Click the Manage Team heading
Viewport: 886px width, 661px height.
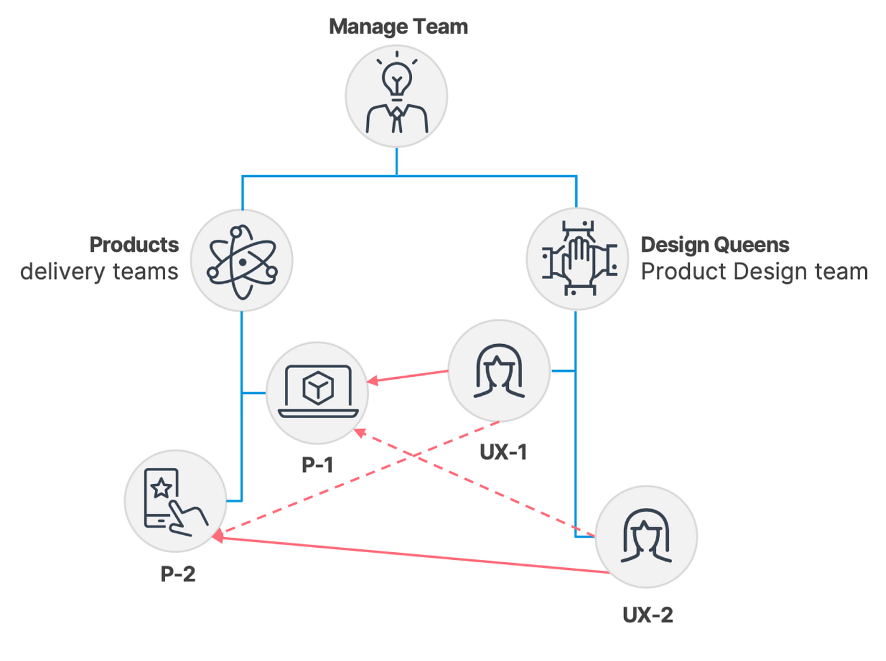(398, 27)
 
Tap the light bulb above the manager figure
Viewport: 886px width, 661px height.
(397, 78)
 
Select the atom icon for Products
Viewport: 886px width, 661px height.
(242, 262)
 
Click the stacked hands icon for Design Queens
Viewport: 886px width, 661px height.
(579, 258)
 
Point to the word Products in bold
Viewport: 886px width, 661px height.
(134, 245)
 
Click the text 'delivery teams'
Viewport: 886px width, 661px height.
(99, 271)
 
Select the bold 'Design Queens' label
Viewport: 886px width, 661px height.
(715, 245)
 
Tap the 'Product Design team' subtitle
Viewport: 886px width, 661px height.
(754, 271)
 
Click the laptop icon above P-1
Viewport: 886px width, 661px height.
(318, 391)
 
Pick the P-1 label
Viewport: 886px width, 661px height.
(318, 464)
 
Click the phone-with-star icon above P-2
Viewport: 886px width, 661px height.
(176, 502)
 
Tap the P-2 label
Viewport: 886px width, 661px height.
(178, 574)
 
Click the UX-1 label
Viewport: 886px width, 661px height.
(503, 452)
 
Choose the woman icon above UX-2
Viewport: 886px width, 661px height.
(646, 536)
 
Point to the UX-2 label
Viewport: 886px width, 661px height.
(648, 615)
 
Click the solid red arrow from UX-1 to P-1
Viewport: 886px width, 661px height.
(408, 376)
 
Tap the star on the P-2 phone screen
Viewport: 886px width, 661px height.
(161, 488)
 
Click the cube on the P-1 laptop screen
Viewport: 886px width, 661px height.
(318, 388)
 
